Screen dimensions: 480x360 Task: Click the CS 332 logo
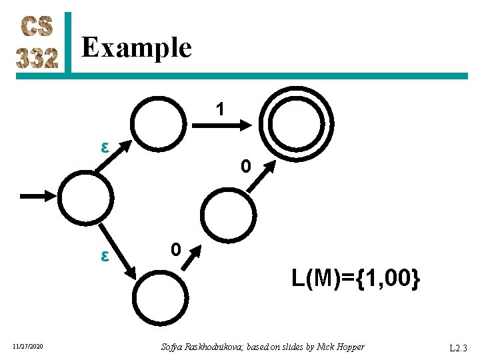point(38,43)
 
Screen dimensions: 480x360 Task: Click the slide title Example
point(136,48)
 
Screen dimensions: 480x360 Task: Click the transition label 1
point(219,109)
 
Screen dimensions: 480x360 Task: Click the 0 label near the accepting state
point(245,167)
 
